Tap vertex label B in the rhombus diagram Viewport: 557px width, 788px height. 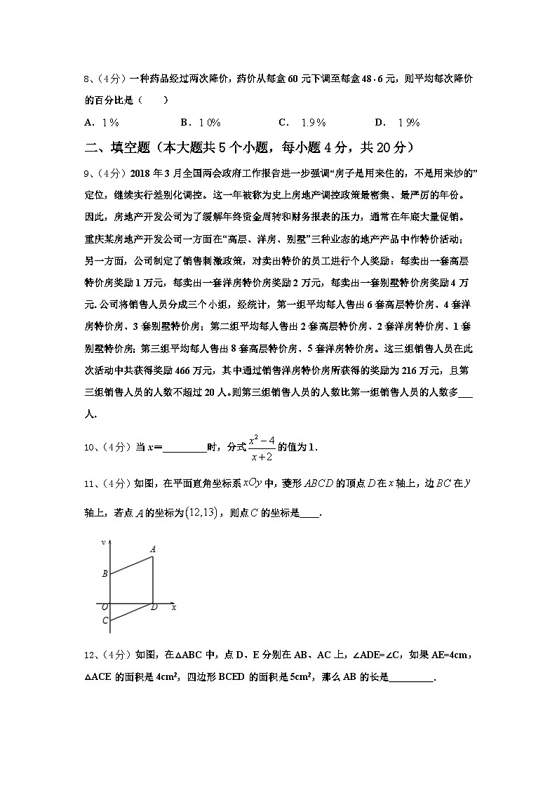coord(105,573)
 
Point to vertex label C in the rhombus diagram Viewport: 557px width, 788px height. coord(105,620)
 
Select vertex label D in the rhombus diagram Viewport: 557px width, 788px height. coord(154,607)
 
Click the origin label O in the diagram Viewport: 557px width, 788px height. coord(105,607)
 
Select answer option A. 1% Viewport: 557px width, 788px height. coord(101,123)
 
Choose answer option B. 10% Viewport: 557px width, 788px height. coord(201,123)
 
